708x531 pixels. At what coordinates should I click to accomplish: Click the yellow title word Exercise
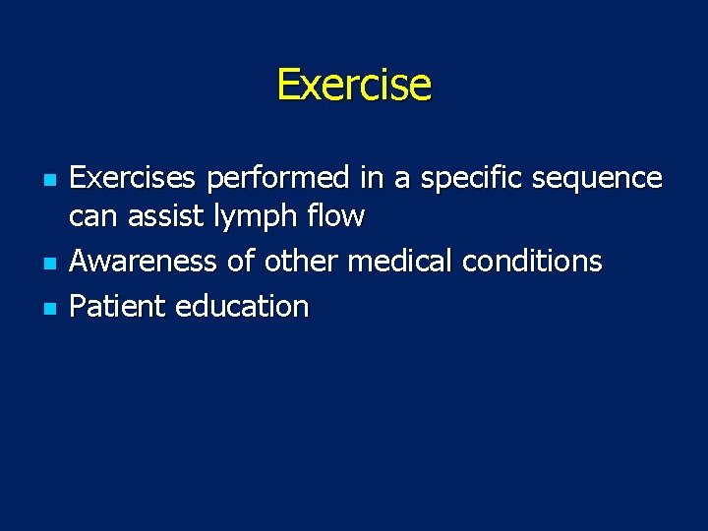coord(354,86)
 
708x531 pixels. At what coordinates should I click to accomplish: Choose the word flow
coord(338,216)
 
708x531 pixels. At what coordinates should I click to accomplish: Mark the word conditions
coord(532,262)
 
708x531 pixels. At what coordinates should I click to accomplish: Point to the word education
coord(241,307)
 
